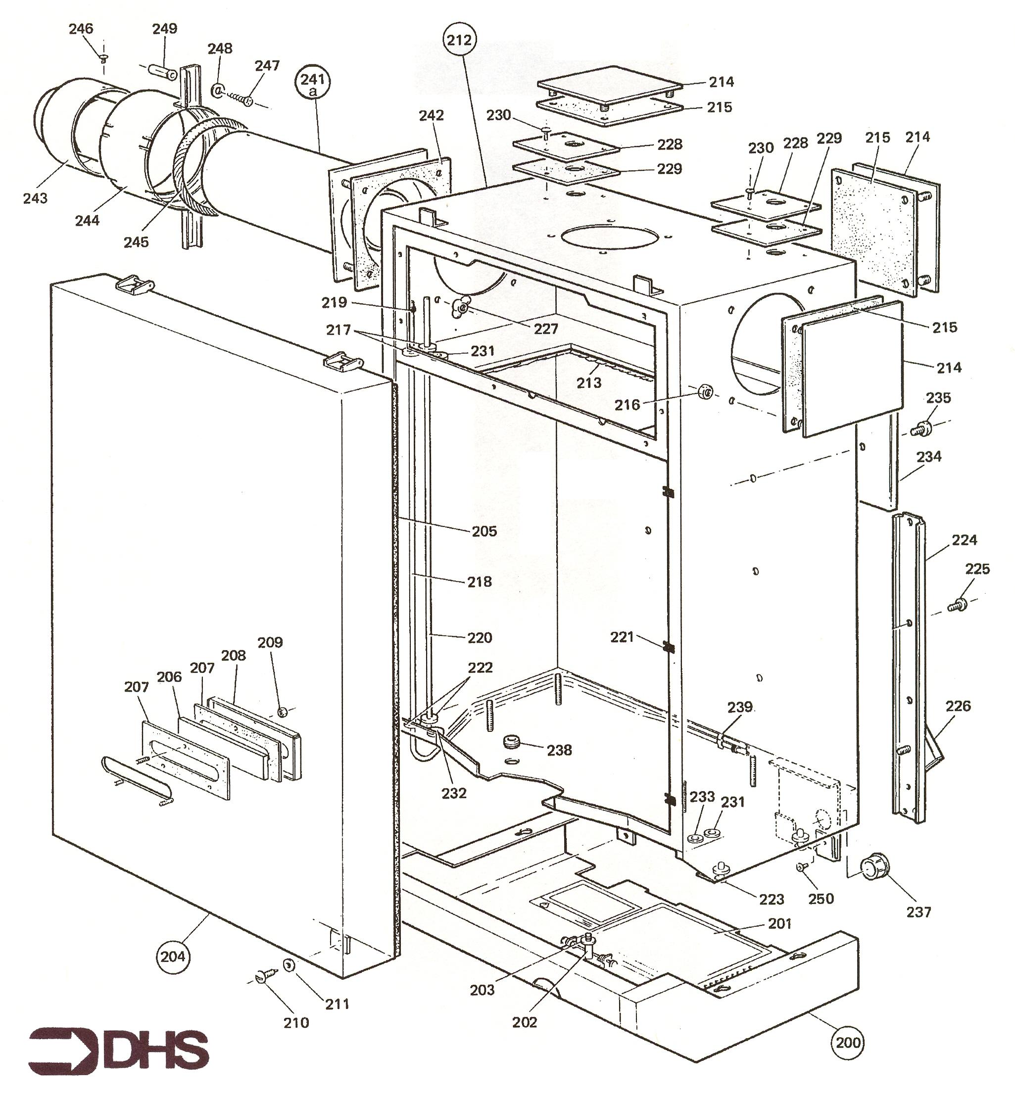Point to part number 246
[81, 29]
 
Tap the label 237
[918, 912]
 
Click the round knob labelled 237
[870, 868]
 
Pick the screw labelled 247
[242, 99]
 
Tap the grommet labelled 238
[511, 743]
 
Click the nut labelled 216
[705, 392]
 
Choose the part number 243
[35, 198]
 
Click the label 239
[740, 707]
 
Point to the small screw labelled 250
[800, 866]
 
